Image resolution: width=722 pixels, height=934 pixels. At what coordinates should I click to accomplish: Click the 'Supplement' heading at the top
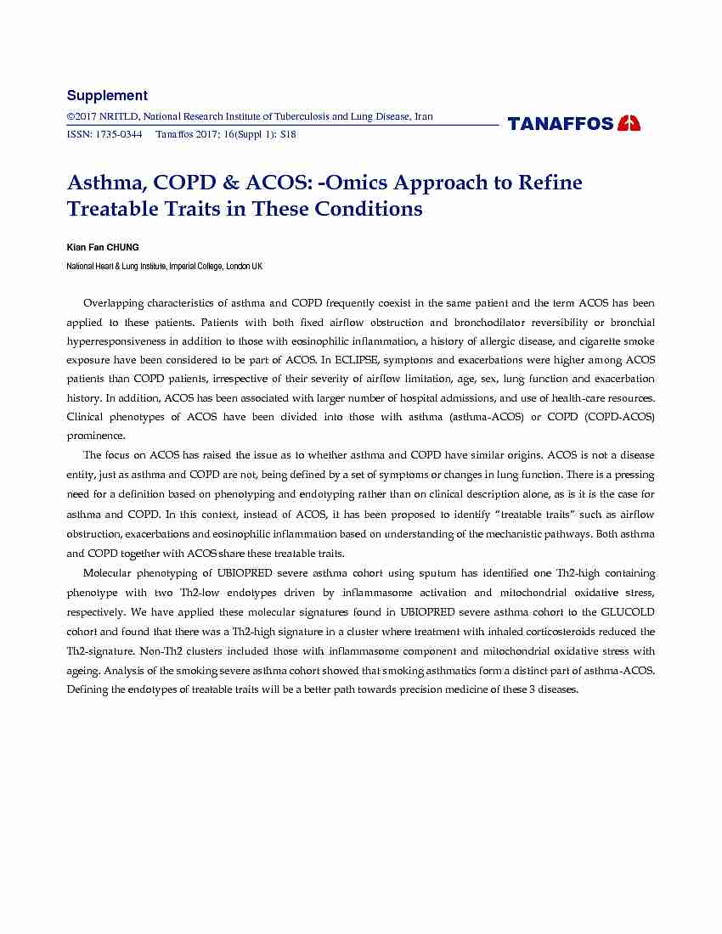click(x=107, y=96)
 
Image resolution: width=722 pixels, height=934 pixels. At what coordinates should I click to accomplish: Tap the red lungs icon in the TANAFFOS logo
click(x=629, y=123)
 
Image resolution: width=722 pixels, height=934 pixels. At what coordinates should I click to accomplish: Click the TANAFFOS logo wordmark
click(x=561, y=124)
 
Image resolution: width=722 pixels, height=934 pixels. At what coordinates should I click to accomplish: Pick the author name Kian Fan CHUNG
click(x=103, y=247)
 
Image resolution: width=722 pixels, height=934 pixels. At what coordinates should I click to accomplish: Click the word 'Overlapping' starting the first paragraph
click(x=113, y=303)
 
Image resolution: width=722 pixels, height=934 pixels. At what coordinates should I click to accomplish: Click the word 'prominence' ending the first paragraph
click(x=95, y=436)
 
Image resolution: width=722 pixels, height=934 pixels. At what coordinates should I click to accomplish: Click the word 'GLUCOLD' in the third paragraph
click(x=628, y=612)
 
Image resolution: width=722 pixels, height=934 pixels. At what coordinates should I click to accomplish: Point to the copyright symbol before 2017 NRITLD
click(x=71, y=117)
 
